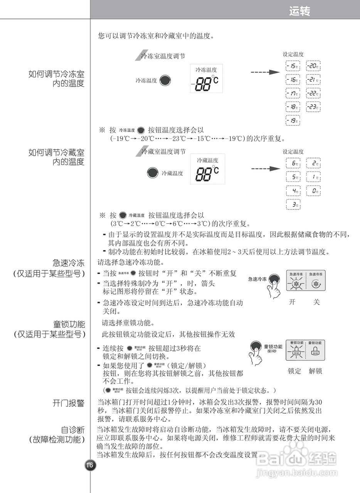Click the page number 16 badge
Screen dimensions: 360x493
(89, 465)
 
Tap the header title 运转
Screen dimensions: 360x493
(299, 12)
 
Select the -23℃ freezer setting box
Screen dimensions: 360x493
(313, 107)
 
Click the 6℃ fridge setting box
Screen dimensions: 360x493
(293, 163)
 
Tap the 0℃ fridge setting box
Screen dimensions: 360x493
(313, 191)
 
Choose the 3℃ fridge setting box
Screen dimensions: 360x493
(293, 205)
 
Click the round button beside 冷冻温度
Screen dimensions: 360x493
(165, 80)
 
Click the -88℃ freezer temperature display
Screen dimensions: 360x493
(205, 83)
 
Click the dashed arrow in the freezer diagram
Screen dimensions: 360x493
(265, 72)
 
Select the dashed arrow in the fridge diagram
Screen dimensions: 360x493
(265, 169)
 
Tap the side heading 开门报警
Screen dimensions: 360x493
(69, 403)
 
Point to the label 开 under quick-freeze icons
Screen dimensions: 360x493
(292, 302)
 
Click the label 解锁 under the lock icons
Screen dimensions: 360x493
(315, 371)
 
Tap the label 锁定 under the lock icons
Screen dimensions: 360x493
(294, 371)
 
